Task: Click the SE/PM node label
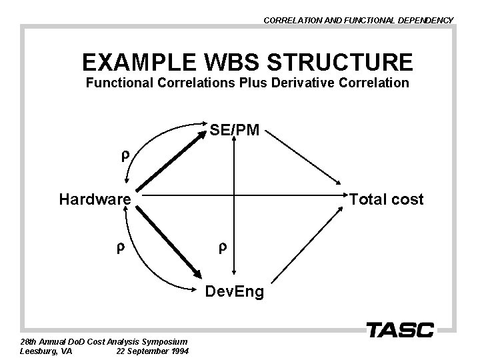tap(235, 131)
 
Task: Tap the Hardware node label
tap(95, 199)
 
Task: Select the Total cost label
tap(387, 199)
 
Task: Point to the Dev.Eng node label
tap(234, 292)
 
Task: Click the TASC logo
tap(400, 329)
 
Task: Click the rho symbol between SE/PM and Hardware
tap(123, 157)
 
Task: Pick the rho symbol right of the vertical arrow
tap(222, 248)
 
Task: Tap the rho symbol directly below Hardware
tap(121, 248)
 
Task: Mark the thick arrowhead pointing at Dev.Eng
tap(197, 272)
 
